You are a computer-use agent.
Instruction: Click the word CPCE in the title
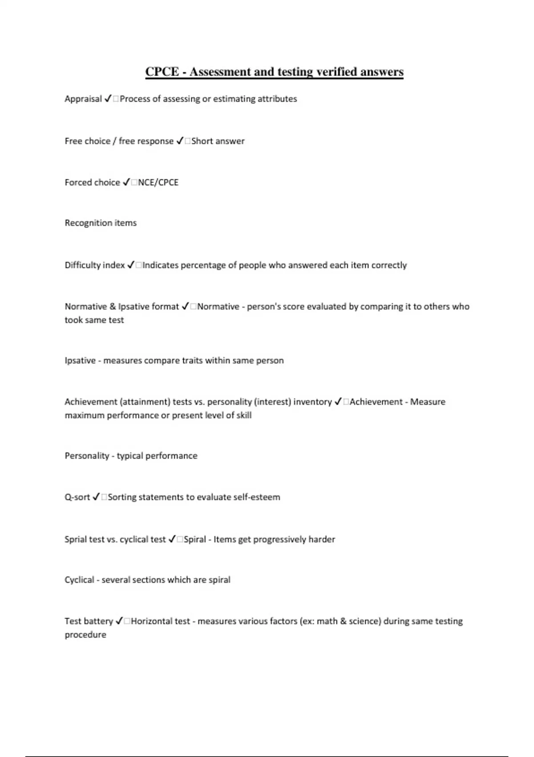pyautogui.click(x=162, y=72)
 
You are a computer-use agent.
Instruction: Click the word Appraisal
pyautogui.click(x=83, y=99)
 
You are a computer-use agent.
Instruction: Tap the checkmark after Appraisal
pyautogui.click(x=108, y=99)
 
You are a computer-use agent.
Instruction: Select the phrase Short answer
pyautogui.click(x=218, y=141)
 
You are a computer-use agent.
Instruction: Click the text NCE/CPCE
pyautogui.click(x=158, y=183)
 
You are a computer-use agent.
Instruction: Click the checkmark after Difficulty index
pyautogui.click(x=131, y=265)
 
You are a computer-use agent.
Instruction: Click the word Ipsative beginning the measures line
pyautogui.click(x=80, y=361)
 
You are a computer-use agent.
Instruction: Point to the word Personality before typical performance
pyautogui.click(x=87, y=456)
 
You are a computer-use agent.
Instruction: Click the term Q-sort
pyautogui.click(x=77, y=497)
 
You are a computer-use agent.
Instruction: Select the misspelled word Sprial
pyautogui.click(x=75, y=540)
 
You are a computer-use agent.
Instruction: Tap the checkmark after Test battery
pyautogui.click(x=119, y=621)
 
